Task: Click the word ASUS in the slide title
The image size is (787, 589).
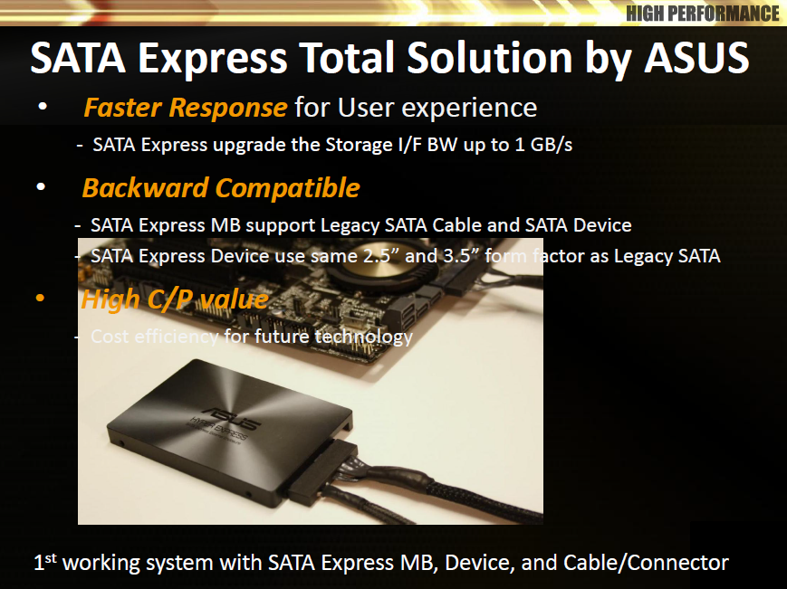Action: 696,58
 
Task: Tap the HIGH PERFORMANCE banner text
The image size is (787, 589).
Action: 702,14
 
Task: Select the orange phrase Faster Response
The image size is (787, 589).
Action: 186,108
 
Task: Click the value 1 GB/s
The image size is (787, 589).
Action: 543,145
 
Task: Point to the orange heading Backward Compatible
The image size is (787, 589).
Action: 221,188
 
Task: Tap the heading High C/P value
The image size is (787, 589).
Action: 175,299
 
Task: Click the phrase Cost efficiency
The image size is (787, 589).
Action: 154,337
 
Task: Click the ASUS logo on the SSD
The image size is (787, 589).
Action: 235,420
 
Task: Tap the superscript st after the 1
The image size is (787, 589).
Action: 51,558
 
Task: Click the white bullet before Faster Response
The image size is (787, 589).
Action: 43,106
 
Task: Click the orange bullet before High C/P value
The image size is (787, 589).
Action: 40,299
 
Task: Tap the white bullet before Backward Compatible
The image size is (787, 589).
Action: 41,187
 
